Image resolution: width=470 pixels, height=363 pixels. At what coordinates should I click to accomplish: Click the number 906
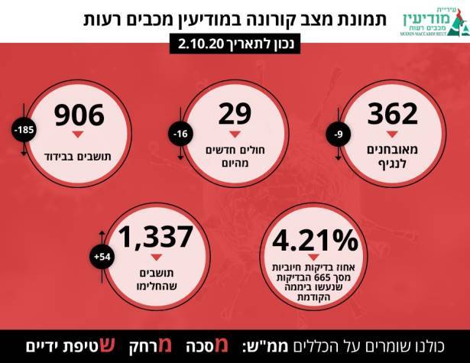pyautogui.click(x=78, y=115)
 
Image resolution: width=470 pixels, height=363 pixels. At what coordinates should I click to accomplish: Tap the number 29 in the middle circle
pyautogui.click(x=235, y=115)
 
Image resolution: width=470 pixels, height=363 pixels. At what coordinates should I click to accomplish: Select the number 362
pyautogui.click(x=392, y=115)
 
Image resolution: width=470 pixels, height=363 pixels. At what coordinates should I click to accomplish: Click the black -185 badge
pyautogui.click(x=21, y=130)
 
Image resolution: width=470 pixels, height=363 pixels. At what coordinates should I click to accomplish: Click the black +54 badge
pyautogui.click(x=102, y=256)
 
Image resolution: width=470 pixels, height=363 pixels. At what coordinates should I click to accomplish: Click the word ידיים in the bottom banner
pyautogui.click(x=38, y=345)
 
